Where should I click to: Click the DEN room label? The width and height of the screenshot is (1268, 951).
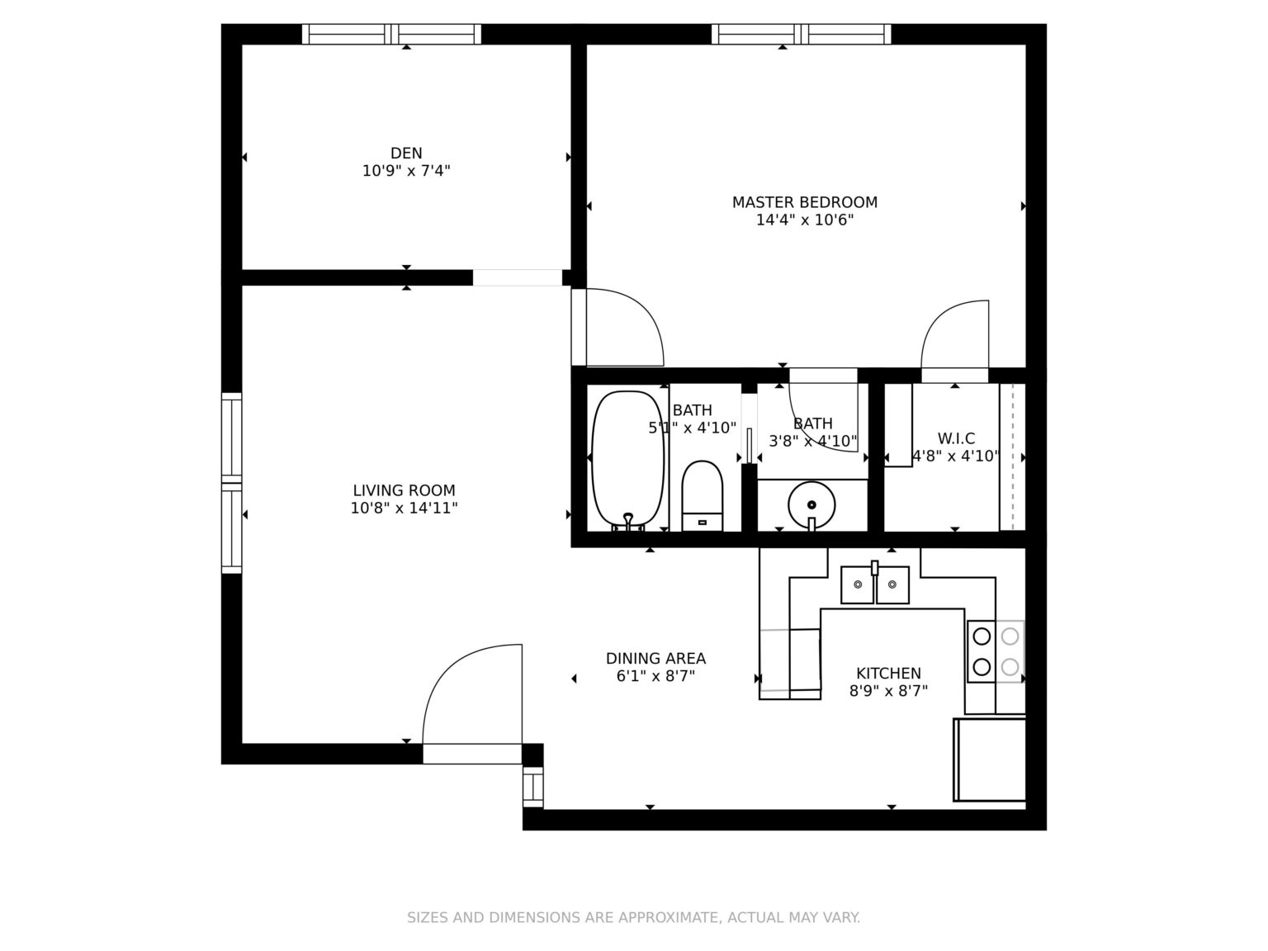406,153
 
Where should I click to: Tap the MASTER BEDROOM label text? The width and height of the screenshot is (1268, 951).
805,202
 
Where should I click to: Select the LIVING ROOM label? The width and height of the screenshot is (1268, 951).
404,490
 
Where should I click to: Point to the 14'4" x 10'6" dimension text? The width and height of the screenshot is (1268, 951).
805,220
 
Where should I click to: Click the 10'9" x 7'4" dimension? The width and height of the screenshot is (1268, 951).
406,171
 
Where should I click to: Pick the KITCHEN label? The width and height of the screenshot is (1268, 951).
888,674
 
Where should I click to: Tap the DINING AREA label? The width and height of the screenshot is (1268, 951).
655,658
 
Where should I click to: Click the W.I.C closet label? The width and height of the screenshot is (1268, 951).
956,438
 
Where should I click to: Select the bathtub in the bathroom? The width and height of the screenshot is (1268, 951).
628,460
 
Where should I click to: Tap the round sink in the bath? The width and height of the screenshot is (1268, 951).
811,504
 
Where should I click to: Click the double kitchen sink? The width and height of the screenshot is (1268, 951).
874,584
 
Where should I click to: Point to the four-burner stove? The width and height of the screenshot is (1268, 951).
996,651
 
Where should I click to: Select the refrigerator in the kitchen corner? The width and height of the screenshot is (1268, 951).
989,759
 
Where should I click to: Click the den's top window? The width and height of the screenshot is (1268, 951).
391,34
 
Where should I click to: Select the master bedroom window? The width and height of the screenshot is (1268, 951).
802,34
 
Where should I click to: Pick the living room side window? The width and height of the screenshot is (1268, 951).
232,483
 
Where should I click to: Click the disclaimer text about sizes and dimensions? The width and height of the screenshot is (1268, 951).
634,917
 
